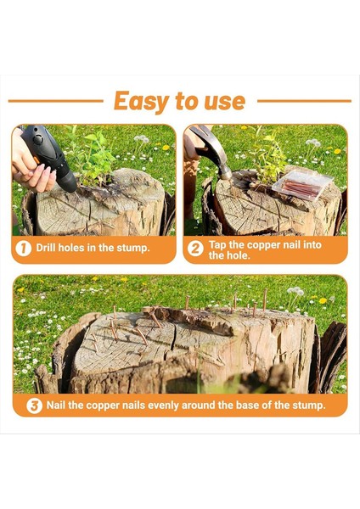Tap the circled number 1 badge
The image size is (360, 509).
(x=24, y=249)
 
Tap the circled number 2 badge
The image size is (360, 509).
(x=195, y=249)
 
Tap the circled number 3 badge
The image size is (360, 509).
(x=34, y=406)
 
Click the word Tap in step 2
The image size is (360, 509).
(x=217, y=244)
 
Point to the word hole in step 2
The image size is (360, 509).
(x=238, y=255)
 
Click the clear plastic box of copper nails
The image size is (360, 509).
(x=301, y=184)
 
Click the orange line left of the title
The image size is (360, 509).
(x=55, y=101)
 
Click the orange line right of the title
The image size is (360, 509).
(x=304, y=101)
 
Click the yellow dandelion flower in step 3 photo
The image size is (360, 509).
(x=323, y=300)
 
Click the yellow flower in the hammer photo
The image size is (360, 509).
(x=337, y=151)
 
